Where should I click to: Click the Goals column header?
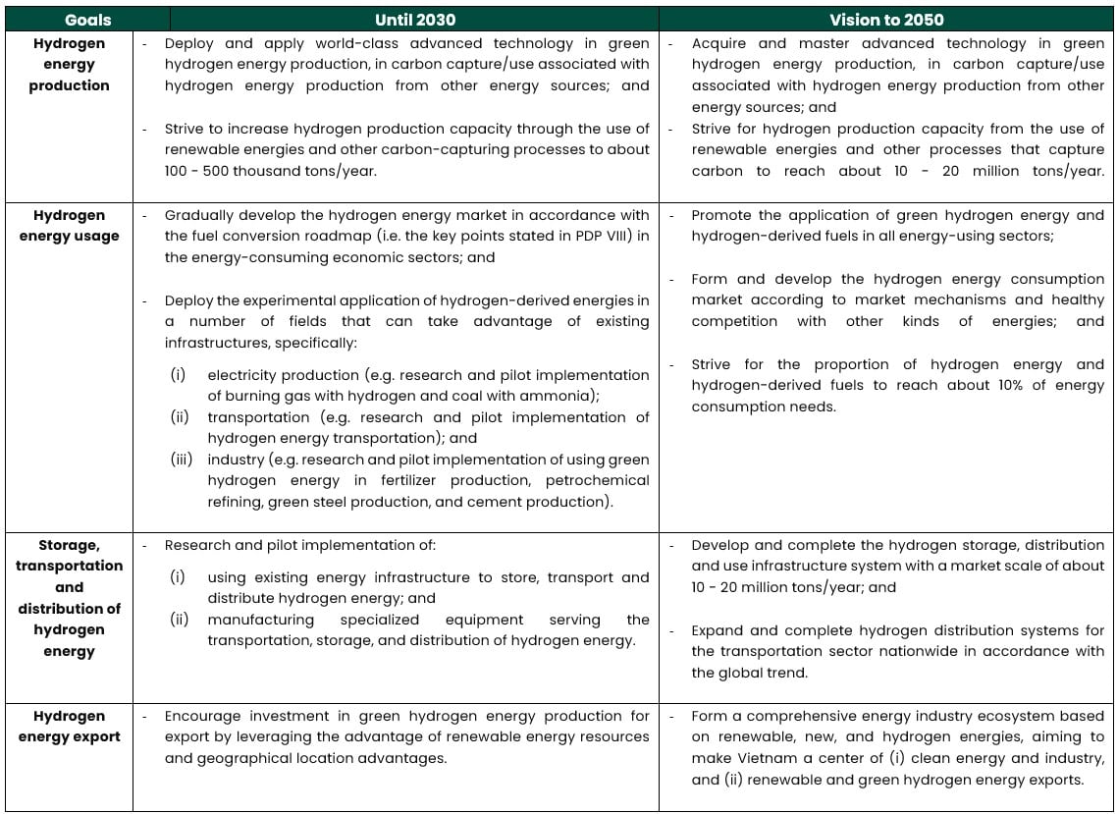pyautogui.click(x=87, y=20)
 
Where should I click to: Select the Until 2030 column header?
pyautogui.click(x=414, y=20)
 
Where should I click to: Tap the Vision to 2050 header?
pyautogui.click(x=886, y=20)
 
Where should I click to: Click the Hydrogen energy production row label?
pyautogui.click(x=69, y=65)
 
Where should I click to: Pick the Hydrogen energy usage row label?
pyautogui.click(x=69, y=226)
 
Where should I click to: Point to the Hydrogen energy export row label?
pyautogui.click(x=69, y=727)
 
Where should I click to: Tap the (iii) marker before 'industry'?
pyautogui.click(x=182, y=460)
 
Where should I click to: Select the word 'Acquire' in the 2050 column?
pyautogui.click(x=719, y=43)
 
